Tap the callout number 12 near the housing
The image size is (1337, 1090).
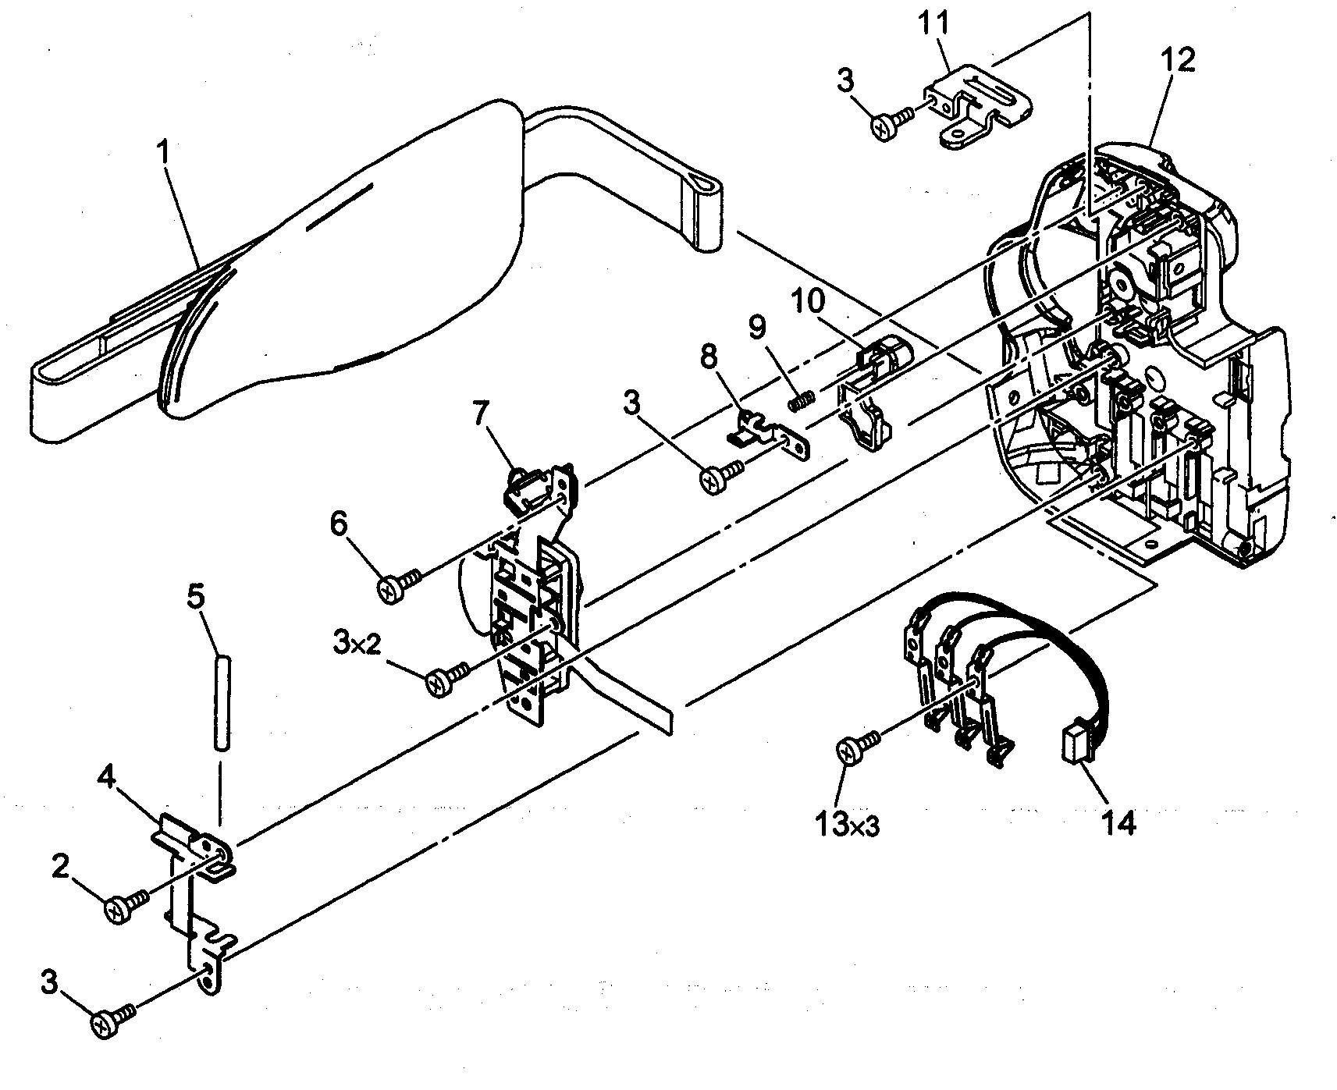[x=1178, y=59]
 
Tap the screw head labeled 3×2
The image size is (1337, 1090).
[x=439, y=683]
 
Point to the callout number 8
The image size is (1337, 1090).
[x=707, y=358]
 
